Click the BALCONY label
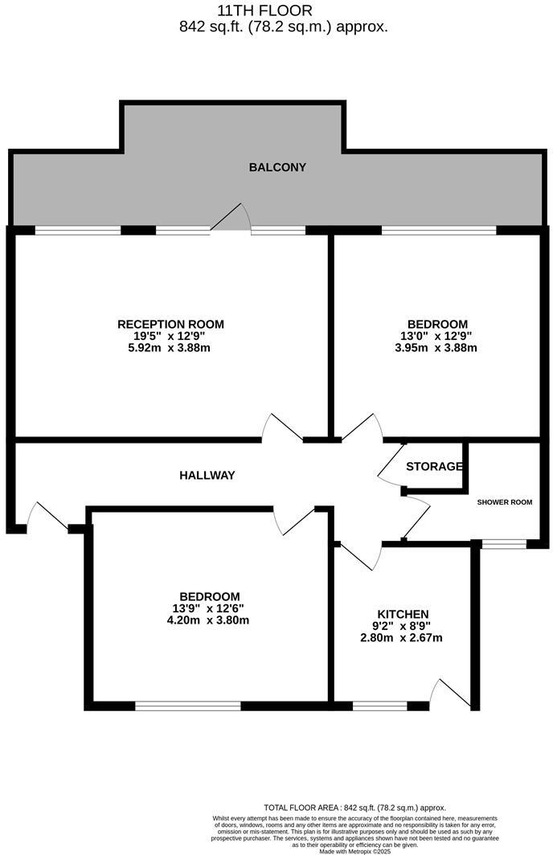tap(277, 168)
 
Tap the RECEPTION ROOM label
tap(170, 325)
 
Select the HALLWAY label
tap(207, 476)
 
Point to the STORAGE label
tap(434, 467)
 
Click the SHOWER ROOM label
tap(505, 502)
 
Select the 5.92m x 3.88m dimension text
tap(170, 348)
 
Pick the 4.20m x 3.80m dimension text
tap(207, 620)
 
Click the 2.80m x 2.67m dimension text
tap(401, 638)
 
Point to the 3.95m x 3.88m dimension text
tap(436, 348)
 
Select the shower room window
tap(504, 545)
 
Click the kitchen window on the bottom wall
tap(379, 706)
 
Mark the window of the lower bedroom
tap(187, 706)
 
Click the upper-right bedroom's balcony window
tap(439, 231)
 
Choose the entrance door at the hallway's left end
tap(47, 517)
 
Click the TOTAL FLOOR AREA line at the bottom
tap(354, 808)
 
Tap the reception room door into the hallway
tap(282, 427)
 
